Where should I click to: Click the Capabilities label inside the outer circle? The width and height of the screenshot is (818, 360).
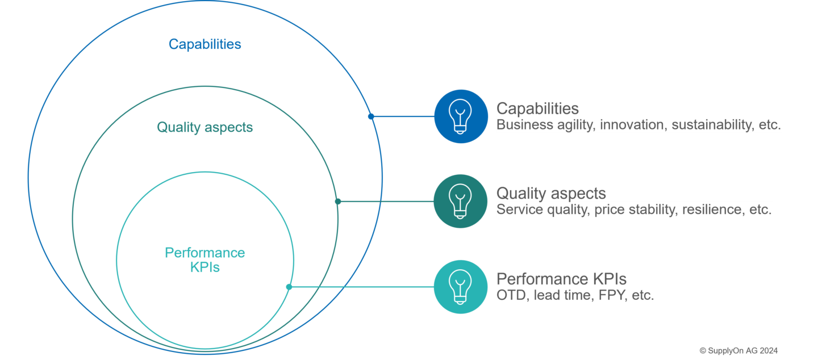[204, 44]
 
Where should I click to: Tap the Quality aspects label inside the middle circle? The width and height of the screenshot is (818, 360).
[204, 127]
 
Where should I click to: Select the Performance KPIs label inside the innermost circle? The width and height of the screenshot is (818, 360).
[204, 259]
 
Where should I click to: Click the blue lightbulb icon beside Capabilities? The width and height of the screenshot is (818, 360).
[461, 116]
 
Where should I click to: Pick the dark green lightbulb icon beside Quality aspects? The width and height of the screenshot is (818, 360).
[460, 201]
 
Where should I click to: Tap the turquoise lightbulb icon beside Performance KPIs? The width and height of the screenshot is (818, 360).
[460, 287]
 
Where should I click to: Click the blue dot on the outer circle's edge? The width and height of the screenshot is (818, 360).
[371, 116]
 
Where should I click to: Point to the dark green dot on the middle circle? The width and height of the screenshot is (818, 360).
[338, 201]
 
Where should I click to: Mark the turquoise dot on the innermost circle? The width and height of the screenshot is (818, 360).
[289, 287]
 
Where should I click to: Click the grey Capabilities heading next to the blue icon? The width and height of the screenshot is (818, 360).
[537, 108]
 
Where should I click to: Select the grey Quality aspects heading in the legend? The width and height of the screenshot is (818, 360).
[551, 194]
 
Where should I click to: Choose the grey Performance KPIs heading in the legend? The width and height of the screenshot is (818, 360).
[561, 279]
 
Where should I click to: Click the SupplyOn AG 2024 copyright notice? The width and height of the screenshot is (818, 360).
[738, 350]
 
